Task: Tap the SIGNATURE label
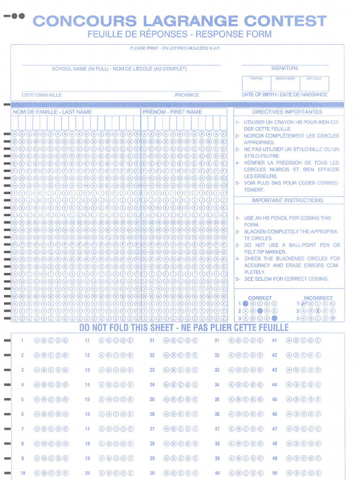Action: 285,68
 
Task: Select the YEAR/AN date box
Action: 256,83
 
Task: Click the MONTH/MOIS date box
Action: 285,83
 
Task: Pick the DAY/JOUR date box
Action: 314,83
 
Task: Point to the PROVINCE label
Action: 187,95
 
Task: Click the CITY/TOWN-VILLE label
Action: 42,95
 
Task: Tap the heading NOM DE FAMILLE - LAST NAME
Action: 52,112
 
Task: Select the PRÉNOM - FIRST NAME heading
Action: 172,112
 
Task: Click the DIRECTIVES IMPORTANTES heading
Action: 287,112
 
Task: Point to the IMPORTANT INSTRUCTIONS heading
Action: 287,201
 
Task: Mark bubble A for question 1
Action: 37,341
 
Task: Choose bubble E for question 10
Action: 65,473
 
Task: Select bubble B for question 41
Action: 296,341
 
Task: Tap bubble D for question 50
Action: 311,473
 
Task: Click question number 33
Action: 217,370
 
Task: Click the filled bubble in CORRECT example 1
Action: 245,304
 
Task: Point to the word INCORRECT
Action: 318,298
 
